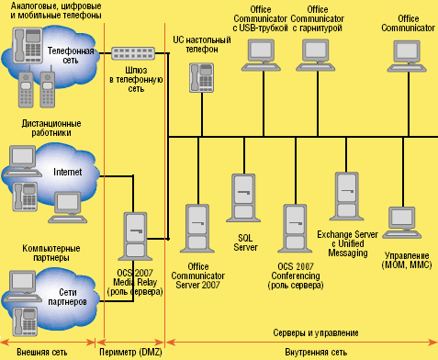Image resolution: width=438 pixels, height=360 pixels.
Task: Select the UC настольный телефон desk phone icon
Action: tap(197, 81)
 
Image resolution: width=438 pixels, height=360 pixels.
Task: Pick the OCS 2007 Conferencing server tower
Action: tap(295, 231)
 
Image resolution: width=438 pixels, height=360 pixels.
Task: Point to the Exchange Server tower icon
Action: tap(347, 198)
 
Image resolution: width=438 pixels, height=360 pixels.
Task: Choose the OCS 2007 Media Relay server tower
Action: tap(134, 236)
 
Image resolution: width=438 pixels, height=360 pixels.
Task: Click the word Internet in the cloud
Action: tap(68, 172)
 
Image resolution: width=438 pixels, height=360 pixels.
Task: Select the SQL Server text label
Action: tap(244, 242)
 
